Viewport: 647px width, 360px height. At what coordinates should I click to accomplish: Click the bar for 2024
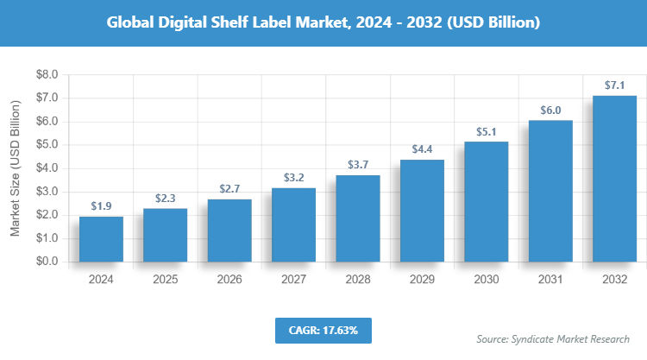pos(101,239)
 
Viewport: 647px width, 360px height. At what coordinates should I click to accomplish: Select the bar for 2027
pos(293,224)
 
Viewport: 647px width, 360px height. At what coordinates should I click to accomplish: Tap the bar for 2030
pos(486,201)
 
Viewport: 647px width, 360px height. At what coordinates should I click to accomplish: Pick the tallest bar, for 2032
pos(614,178)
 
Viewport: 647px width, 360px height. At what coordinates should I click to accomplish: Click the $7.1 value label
pos(614,85)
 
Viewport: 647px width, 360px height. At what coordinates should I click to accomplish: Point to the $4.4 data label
pos(422,149)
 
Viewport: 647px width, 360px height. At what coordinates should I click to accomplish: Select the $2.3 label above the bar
pos(165,198)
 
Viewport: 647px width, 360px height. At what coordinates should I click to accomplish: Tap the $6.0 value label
pos(550,110)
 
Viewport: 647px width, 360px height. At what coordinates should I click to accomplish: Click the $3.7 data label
pos(357,164)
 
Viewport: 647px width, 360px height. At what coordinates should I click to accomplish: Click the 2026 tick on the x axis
pos(229,280)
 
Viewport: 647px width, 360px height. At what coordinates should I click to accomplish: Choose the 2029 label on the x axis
pos(422,280)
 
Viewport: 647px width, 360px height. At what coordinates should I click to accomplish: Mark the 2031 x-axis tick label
pos(550,280)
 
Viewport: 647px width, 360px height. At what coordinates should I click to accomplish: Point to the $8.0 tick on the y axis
pos(45,75)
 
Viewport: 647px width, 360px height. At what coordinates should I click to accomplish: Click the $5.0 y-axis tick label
pos(45,145)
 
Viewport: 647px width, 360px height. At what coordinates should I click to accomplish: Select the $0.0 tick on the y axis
pos(45,262)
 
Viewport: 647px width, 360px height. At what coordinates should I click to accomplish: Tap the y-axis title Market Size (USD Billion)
pos(15,168)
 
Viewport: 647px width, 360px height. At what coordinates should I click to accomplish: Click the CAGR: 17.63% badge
pos(323,330)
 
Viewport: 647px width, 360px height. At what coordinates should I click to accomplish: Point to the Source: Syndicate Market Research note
pos(553,338)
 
